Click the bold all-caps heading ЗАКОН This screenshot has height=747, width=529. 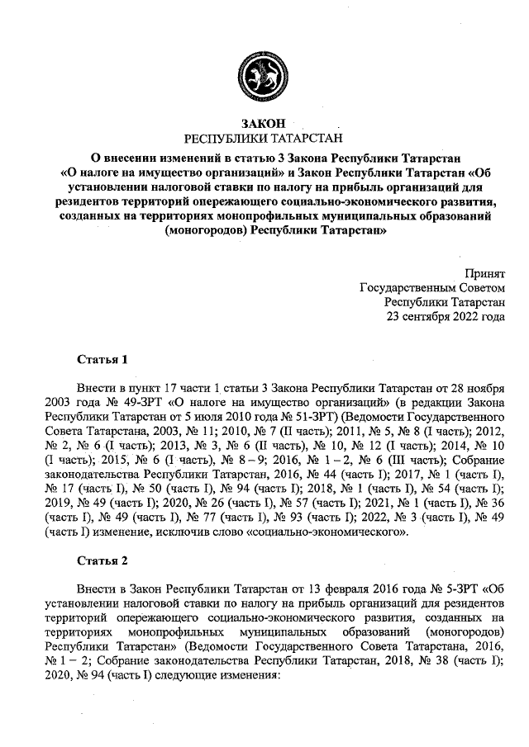coord(263,123)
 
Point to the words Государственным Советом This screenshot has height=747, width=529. coord(432,288)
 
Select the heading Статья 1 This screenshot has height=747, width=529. coord(102,360)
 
